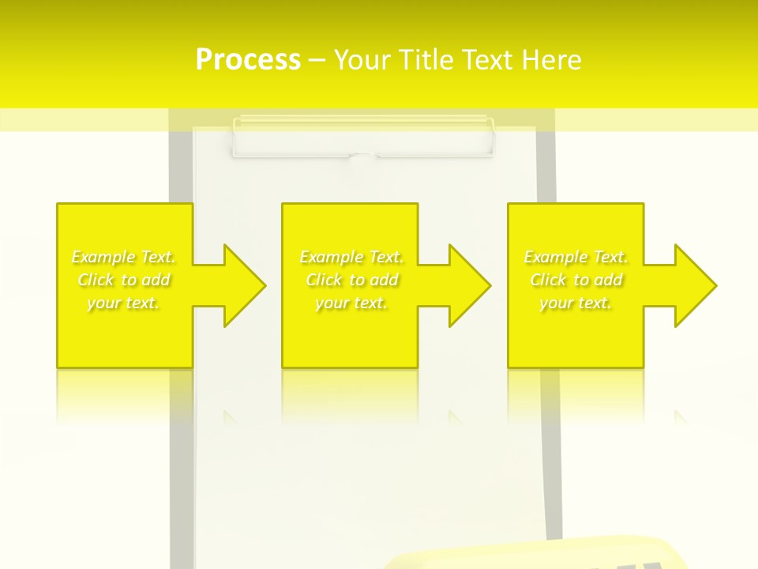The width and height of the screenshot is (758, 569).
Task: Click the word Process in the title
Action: pos(248,60)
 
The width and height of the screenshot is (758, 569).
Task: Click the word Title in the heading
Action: pos(422,60)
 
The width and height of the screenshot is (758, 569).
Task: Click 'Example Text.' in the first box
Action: pos(124,257)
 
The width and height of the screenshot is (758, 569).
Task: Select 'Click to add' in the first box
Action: pos(124,280)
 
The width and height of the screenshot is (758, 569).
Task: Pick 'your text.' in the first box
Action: pos(124,303)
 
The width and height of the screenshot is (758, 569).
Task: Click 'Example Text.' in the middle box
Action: pos(351,257)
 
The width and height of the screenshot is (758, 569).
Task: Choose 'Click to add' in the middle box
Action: pos(351,280)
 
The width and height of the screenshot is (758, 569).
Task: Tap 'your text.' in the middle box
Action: pos(351,303)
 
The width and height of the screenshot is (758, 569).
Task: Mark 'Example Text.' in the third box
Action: pos(576,257)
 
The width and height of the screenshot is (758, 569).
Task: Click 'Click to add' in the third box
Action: pos(576,280)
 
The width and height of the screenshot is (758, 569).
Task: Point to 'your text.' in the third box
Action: pos(576,303)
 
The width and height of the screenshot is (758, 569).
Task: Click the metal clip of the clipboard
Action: pos(362,136)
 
